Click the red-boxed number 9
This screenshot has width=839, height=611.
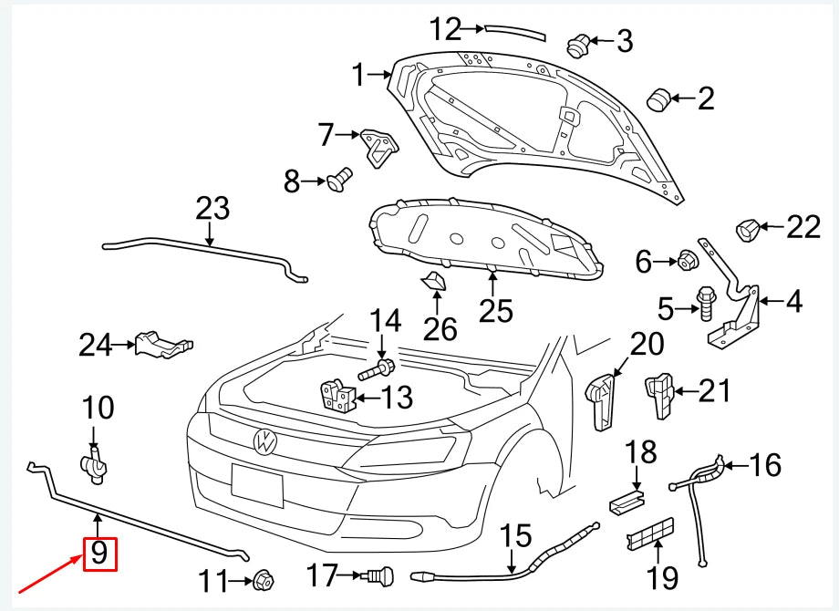(x=99, y=553)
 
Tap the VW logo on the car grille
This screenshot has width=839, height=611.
(x=264, y=441)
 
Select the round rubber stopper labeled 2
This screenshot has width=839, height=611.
(x=658, y=98)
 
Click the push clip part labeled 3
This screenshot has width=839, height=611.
(x=577, y=42)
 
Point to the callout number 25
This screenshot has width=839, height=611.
(x=496, y=310)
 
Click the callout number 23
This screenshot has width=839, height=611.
(x=212, y=209)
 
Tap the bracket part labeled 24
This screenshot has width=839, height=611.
(x=161, y=345)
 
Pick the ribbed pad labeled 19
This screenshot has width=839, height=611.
(x=650, y=535)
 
